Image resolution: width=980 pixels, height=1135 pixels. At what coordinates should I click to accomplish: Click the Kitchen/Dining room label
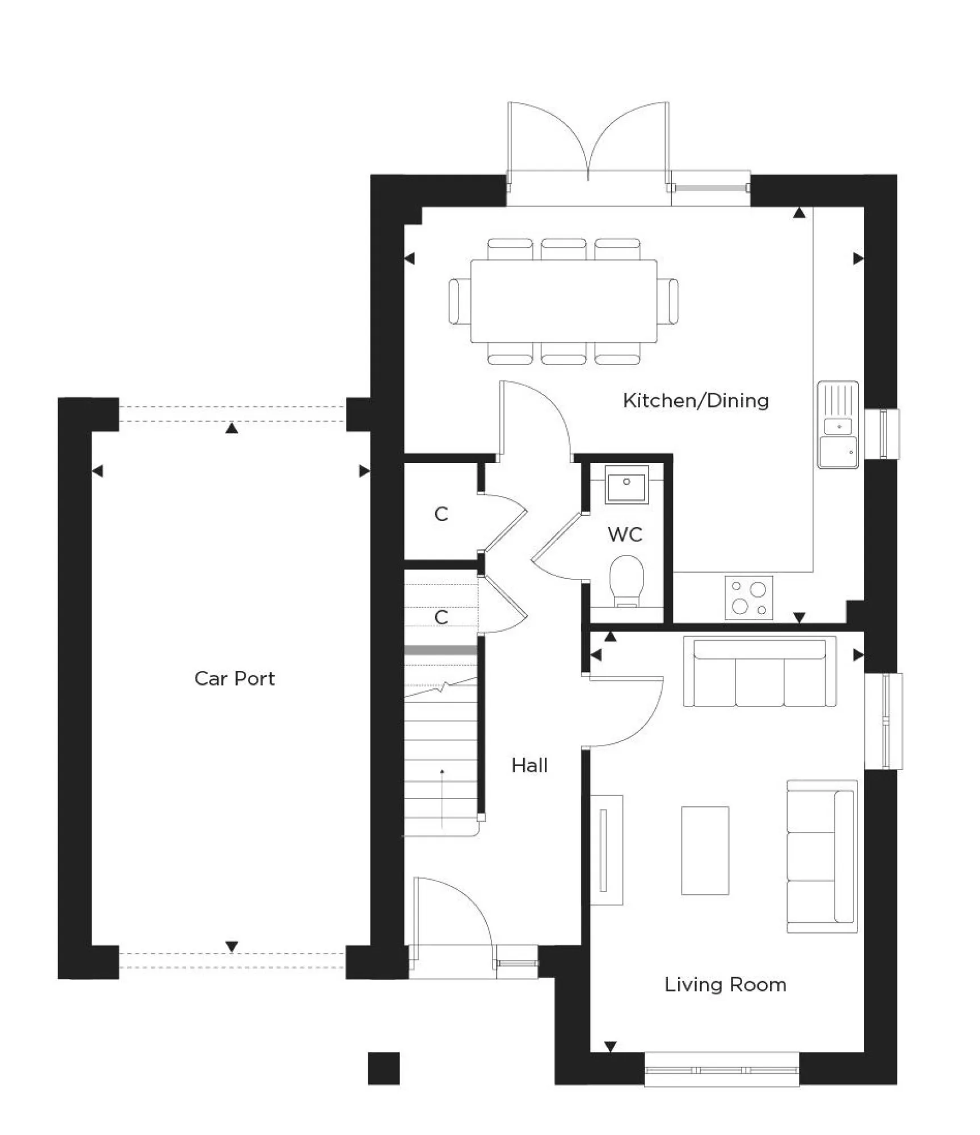click(x=696, y=401)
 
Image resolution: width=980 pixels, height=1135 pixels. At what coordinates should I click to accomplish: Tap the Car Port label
click(x=234, y=678)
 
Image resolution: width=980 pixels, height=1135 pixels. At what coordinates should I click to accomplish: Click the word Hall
click(x=529, y=766)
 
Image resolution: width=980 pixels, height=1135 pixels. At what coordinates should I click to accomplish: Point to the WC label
click(x=625, y=534)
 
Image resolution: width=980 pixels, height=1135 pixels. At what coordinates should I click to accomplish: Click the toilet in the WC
click(x=626, y=581)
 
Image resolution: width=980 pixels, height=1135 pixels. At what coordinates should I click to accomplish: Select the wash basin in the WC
click(x=626, y=484)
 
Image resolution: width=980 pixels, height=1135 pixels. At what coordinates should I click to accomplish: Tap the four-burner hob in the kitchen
click(x=748, y=598)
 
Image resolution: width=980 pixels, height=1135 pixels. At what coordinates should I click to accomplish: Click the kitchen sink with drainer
click(x=838, y=424)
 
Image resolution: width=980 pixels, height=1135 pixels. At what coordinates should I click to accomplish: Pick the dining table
click(x=563, y=301)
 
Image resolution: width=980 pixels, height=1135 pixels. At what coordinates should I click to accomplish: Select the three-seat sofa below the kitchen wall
click(x=759, y=672)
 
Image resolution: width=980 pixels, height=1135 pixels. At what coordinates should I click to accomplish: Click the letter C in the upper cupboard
click(x=441, y=514)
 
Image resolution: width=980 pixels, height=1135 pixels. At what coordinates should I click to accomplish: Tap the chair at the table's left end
click(x=455, y=301)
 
